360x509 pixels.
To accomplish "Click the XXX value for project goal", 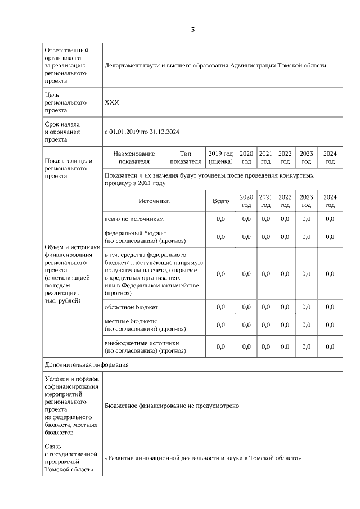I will click(x=112, y=103).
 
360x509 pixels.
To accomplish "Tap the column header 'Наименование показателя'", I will click(x=133, y=157).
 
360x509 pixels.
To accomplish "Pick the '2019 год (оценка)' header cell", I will click(x=220, y=157).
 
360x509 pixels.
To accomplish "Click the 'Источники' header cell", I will click(x=154, y=201).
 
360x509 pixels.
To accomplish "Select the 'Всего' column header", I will click(x=220, y=201).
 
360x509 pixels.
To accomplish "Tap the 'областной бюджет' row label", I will click(x=131, y=307).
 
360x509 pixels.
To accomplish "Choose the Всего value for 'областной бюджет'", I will click(x=220, y=307).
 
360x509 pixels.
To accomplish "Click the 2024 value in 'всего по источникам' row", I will click(x=330, y=219).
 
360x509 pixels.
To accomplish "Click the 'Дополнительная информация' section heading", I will click(x=87, y=364).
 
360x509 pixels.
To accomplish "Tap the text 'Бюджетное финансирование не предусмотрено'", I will click(x=172, y=406).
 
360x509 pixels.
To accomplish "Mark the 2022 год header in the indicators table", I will click(x=285, y=157).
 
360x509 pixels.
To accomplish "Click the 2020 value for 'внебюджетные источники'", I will click(x=246, y=346).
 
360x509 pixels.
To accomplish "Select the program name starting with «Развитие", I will click(x=203, y=458).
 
